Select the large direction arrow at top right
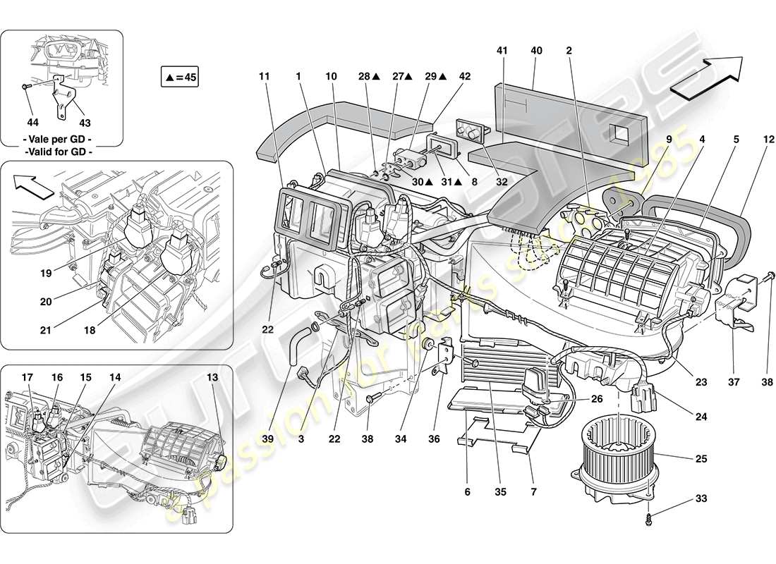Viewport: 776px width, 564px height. pyautogui.click(x=708, y=75)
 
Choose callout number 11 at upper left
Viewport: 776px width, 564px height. pyautogui.click(x=264, y=75)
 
